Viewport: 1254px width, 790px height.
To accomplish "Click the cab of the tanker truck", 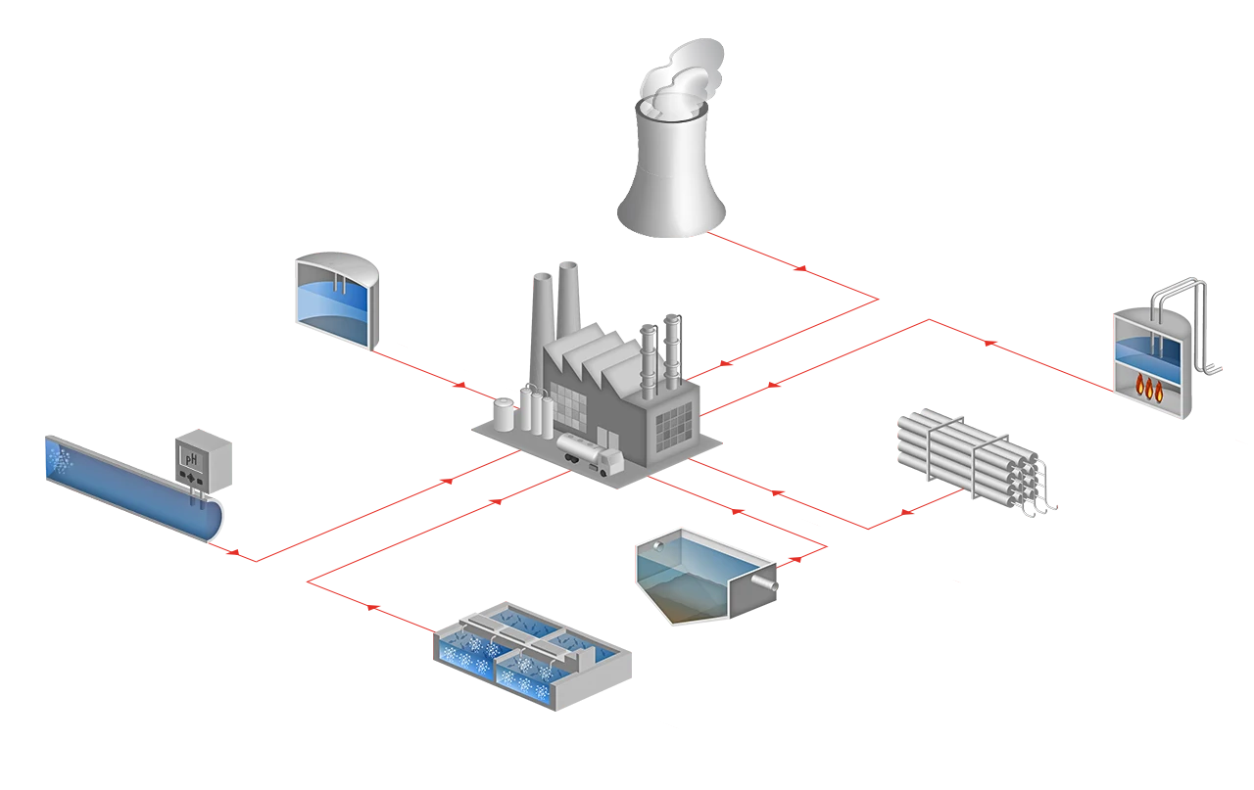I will click(609, 464).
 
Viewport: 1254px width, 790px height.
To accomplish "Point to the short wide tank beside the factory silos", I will click(506, 415).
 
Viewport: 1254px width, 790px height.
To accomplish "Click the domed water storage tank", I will click(337, 299).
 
